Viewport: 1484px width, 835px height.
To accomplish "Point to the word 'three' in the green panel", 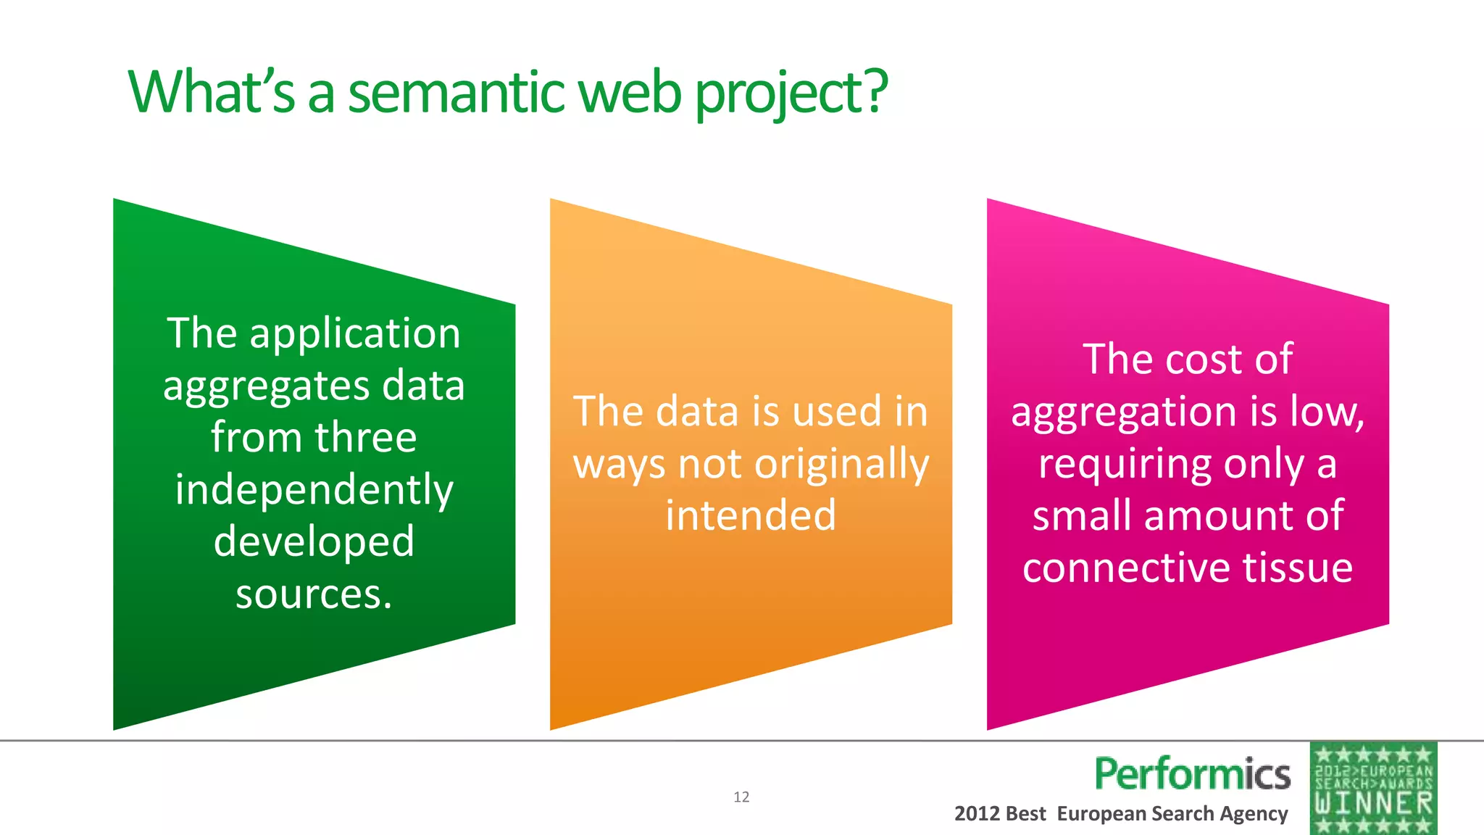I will (365, 438).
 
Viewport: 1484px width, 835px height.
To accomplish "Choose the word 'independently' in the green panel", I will (314, 490).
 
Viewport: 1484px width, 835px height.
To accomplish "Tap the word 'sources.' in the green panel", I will (314, 594).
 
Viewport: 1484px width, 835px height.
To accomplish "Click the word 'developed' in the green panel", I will (314, 541).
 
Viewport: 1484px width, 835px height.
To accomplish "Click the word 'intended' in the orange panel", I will (751, 515).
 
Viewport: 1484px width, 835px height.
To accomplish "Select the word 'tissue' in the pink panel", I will (1298, 568).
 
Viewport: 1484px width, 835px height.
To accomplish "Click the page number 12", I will (741, 797).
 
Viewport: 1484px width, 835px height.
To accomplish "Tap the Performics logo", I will (1192, 773).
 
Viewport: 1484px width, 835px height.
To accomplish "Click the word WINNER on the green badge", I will (1374, 803).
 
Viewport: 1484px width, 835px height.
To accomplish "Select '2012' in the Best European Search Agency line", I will (977, 813).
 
